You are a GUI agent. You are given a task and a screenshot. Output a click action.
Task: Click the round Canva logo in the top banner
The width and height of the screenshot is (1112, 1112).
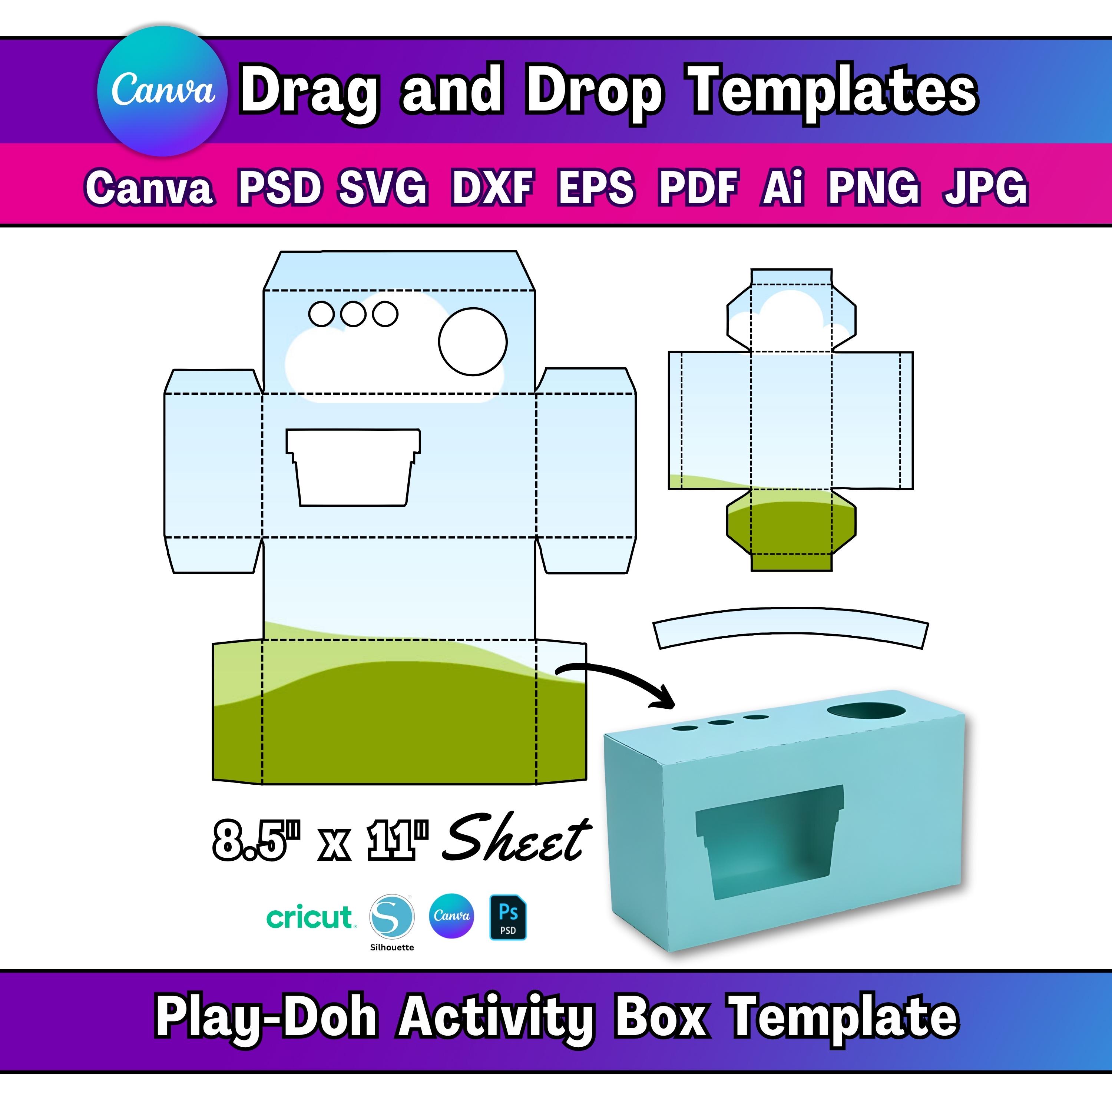coord(163,91)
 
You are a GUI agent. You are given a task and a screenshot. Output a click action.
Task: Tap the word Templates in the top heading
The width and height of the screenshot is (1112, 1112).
coord(833,91)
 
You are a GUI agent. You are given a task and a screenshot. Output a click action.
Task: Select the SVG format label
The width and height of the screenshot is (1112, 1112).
coord(383,188)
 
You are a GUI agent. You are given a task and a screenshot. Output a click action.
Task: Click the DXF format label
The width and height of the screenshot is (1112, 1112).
coord(493,188)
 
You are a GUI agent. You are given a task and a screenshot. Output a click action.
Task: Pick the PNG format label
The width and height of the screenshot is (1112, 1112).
coord(874,188)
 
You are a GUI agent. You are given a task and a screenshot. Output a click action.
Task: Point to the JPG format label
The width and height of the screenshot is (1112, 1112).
coord(985,188)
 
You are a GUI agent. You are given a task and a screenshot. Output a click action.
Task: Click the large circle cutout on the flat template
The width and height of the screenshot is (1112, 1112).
coord(473,341)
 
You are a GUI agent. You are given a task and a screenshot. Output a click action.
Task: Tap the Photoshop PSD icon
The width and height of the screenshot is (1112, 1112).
coord(508,917)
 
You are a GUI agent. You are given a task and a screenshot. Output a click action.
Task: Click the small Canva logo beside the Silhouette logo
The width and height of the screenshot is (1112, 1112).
coord(452,916)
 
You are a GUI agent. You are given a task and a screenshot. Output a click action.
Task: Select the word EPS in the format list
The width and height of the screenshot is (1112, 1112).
coord(596,188)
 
